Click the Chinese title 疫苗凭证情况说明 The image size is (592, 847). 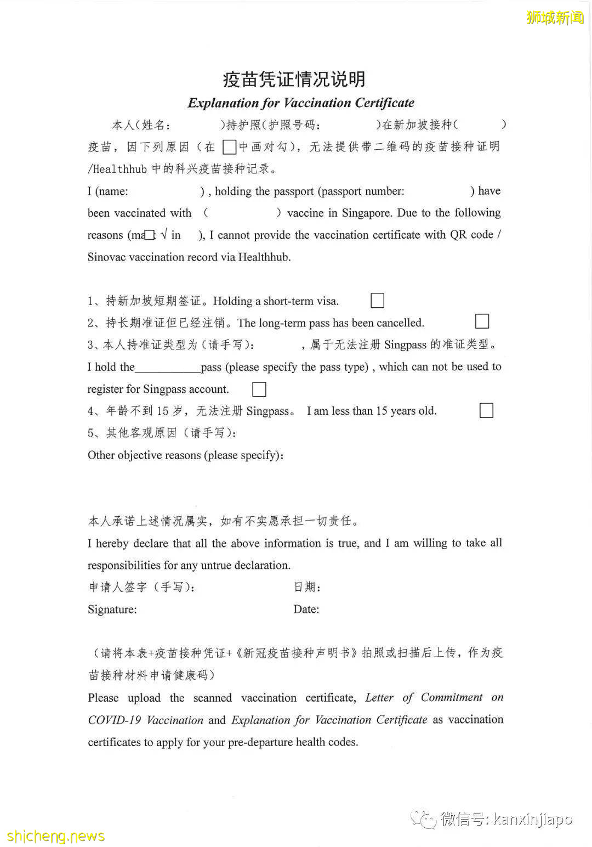[294, 80]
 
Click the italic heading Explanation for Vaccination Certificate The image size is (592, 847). [301, 103]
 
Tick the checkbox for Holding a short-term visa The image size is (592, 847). [377, 301]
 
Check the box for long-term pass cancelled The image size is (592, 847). [482, 321]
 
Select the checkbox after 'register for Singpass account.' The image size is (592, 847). [259, 389]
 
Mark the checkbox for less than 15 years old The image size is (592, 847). [486, 410]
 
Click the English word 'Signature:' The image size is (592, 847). [112, 609]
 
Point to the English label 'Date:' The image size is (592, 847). [306, 609]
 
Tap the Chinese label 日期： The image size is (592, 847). [307, 587]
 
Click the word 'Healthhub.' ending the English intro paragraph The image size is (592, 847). [264, 257]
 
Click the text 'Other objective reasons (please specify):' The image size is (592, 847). [186, 455]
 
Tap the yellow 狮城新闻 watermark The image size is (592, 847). [555, 18]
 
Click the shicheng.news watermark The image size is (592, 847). [56, 836]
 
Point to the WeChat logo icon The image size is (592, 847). [424, 820]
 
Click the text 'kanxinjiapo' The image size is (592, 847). [533, 820]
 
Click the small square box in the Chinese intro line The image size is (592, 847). [230, 147]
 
